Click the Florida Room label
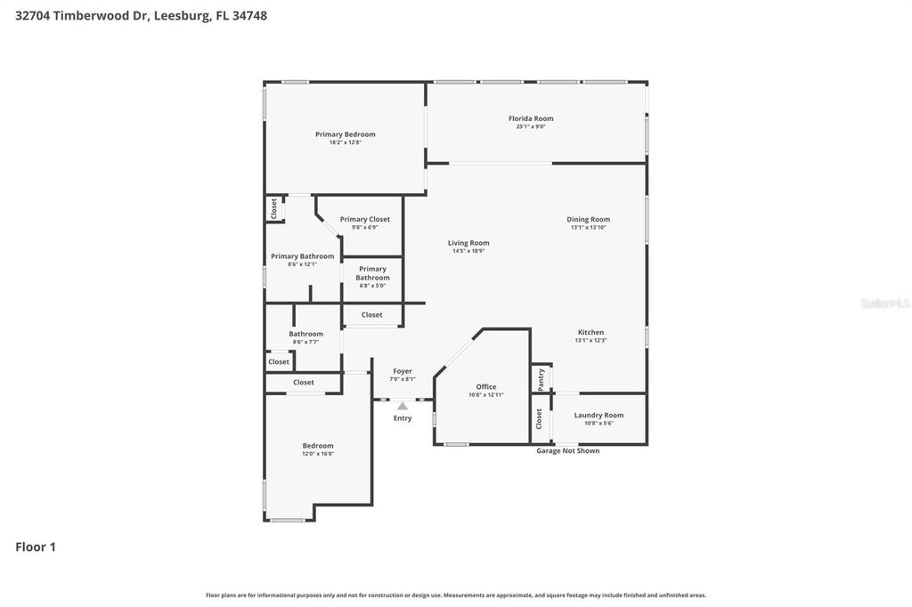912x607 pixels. [531, 118]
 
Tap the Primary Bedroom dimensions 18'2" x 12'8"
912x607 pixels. [345, 142]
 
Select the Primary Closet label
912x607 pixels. [364, 219]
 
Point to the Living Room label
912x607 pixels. [468, 243]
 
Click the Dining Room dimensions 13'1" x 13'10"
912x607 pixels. [588, 228]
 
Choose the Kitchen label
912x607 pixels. [590, 332]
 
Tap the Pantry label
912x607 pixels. [541, 380]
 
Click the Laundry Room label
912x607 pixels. [598, 415]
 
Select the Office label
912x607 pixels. [486, 387]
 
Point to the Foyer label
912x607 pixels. [402, 371]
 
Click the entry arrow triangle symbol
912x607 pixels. [403, 406]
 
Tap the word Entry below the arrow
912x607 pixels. [403, 418]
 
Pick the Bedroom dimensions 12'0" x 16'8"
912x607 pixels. [317, 454]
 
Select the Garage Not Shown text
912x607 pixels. [567, 450]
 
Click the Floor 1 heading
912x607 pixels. [36, 547]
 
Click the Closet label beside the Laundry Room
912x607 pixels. [539, 418]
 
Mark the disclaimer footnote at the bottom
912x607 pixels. [456, 595]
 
